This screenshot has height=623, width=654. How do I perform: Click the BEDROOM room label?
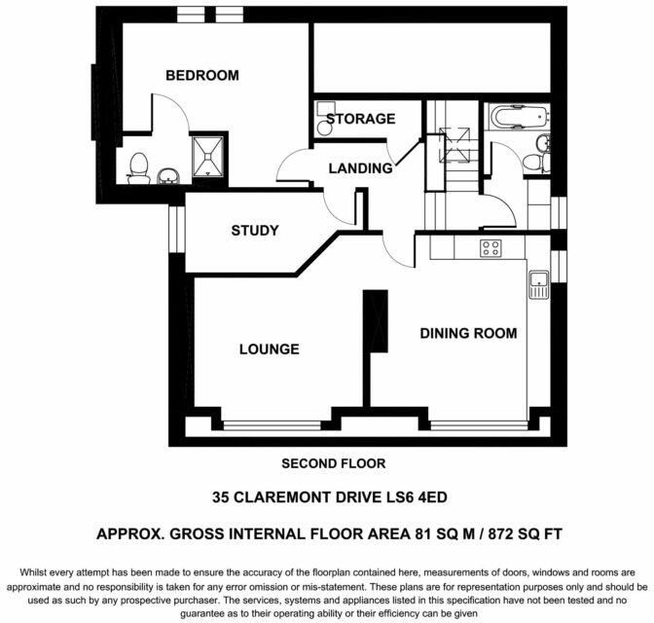pyautogui.click(x=202, y=76)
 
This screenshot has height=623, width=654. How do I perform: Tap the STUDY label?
pyautogui.click(x=255, y=231)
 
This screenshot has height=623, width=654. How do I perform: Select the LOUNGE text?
pyautogui.click(x=270, y=349)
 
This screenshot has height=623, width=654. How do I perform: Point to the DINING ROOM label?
pyautogui.click(x=468, y=334)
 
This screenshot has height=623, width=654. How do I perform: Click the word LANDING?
pyautogui.click(x=360, y=168)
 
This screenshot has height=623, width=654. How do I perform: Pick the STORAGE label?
pyautogui.click(x=360, y=119)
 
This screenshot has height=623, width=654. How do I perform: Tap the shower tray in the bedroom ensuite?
pyautogui.click(x=208, y=157)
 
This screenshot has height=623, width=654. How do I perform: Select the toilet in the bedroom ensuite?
pyautogui.click(x=138, y=168)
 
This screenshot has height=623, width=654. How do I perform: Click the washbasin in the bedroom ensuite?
pyautogui.click(x=168, y=176)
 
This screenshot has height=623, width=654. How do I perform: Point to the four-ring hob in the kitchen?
pyautogui.click(x=490, y=248)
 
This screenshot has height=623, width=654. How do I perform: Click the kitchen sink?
pyautogui.click(x=539, y=284)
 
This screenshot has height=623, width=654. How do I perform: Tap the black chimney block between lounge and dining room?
pyautogui.click(x=376, y=321)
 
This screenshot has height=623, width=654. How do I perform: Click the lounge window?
pyautogui.click(x=272, y=425)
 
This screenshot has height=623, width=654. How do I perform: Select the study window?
pyautogui.click(x=177, y=229)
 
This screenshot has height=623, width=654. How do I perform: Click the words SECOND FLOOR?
pyautogui.click(x=334, y=463)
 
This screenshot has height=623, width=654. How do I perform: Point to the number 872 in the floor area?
pyautogui.click(x=500, y=534)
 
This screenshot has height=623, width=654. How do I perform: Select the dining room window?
pyautogui.click(x=479, y=425)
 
